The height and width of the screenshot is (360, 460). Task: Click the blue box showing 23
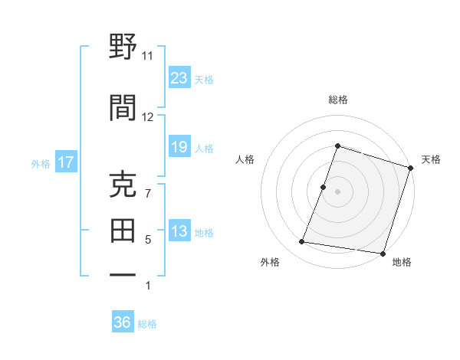tap(179, 78)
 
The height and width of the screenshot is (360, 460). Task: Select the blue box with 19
tap(179, 147)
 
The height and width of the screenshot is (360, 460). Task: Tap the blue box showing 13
tap(179, 232)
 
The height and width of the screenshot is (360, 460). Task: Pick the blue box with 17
tap(65, 162)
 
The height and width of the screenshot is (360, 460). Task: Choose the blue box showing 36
tap(123, 322)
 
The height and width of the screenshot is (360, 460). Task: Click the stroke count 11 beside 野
tap(147, 56)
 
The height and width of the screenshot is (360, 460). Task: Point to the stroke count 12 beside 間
tap(147, 116)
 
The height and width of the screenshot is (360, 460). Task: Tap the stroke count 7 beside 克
tap(147, 194)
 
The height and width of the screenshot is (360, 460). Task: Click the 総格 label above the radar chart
tap(337, 100)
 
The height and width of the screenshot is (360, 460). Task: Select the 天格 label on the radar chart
tap(431, 159)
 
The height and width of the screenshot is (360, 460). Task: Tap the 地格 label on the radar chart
tap(402, 262)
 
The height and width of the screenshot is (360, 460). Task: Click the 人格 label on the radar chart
tap(245, 159)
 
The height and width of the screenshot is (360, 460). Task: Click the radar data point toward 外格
tap(302, 242)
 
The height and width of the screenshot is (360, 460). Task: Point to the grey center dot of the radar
tap(337, 191)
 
